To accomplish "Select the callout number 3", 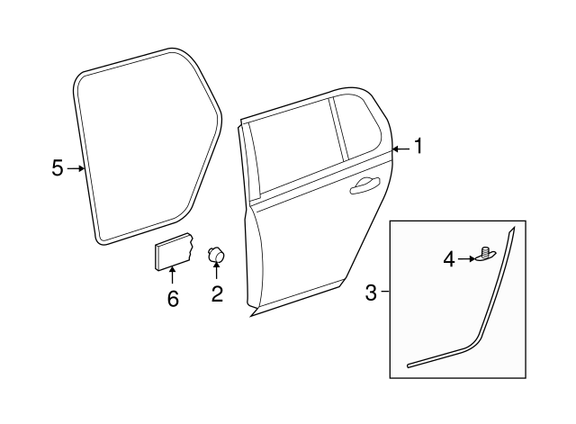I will pyautogui.click(x=372, y=292).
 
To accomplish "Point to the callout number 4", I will pyautogui.click(x=448, y=260).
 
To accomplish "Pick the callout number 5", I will pyautogui.click(x=58, y=168).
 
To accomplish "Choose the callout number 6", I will pyautogui.click(x=173, y=298).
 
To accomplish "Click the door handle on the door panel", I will pyautogui.click(x=364, y=185).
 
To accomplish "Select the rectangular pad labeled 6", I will pyautogui.click(x=172, y=249).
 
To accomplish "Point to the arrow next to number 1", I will pyautogui.click(x=400, y=148).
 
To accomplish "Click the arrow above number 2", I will pyautogui.click(x=217, y=272).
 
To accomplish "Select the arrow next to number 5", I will pyautogui.click(x=76, y=168).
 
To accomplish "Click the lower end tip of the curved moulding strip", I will pyautogui.click(x=410, y=366).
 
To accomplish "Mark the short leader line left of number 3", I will pyautogui.click(x=385, y=292).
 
